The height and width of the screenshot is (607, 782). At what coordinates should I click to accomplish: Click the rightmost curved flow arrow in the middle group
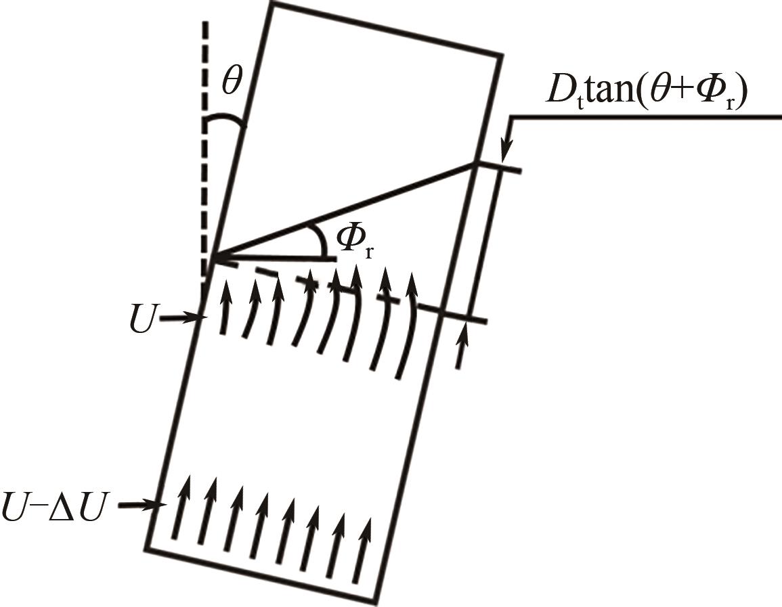pos(406,332)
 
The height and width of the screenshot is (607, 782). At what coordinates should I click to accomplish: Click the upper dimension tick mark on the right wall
pos(498,167)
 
